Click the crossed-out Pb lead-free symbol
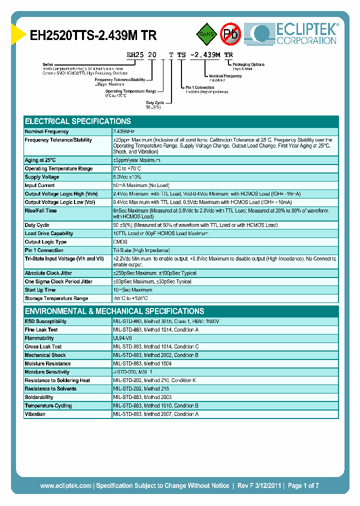(231, 34)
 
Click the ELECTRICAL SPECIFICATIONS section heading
(78, 121)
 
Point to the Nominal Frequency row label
(46, 131)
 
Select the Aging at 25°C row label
(40, 160)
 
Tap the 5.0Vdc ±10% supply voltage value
(128, 177)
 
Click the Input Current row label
(40, 185)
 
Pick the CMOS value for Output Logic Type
(120, 242)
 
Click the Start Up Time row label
(40, 290)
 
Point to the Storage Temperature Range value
(130, 298)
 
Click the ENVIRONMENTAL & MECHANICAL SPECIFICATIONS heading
(114, 311)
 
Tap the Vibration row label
(35, 414)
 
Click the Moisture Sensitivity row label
(47, 372)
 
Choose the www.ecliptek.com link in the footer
(65, 485)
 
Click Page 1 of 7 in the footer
(303, 485)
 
